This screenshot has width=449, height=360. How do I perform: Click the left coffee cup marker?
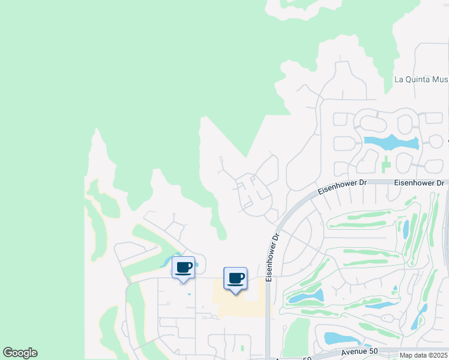click(x=184, y=268)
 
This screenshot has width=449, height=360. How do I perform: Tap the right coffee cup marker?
click(x=235, y=279)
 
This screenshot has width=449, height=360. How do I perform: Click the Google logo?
click(x=20, y=353)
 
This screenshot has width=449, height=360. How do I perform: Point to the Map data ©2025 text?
click(x=424, y=355)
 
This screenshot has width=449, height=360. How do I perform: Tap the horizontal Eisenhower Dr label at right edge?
click(x=420, y=182)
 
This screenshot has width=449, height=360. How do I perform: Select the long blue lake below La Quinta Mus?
click(x=391, y=143)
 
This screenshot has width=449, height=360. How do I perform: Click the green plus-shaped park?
click(x=385, y=163)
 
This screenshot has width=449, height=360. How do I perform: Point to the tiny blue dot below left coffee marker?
click(x=189, y=294)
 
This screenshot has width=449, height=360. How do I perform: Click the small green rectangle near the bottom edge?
click(x=242, y=348)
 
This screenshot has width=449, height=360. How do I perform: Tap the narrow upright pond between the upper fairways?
click(x=405, y=229)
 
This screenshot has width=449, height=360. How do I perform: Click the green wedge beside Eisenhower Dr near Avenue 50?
click(x=296, y=336)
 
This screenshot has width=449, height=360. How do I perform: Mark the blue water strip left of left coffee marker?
click(x=166, y=262)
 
